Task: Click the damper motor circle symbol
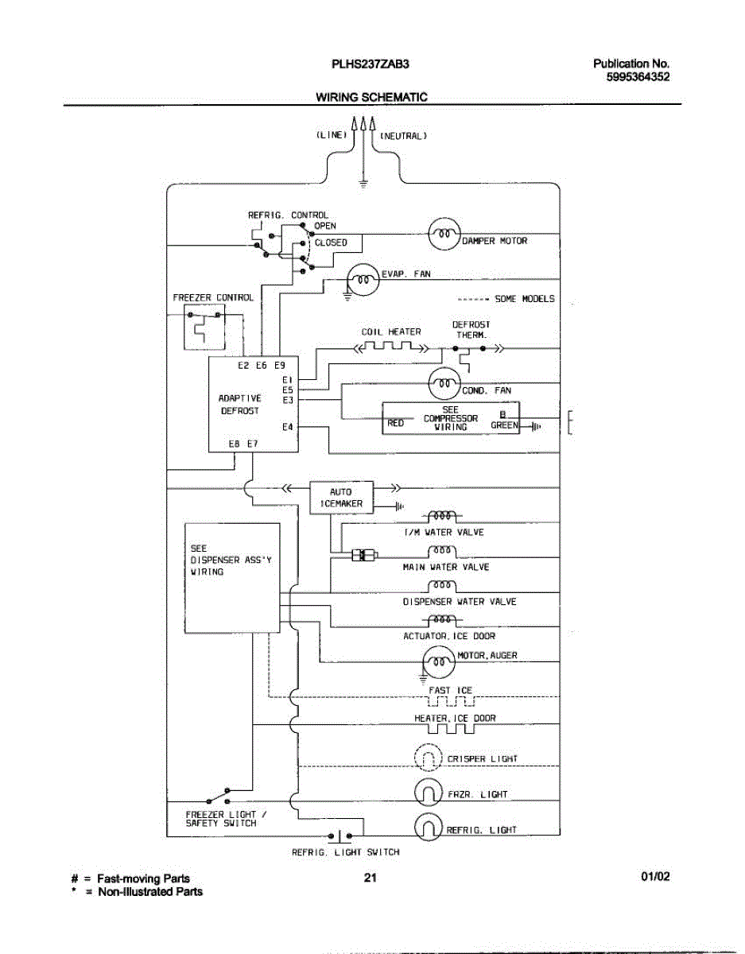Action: pyautogui.click(x=444, y=234)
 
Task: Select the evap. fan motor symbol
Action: pyautogui.click(x=363, y=280)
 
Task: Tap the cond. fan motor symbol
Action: pyautogui.click(x=444, y=384)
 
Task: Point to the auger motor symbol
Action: pyautogui.click(x=439, y=661)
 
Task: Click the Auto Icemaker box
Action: pyautogui.click(x=342, y=498)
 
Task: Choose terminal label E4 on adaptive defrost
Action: pyautogui.click(x=288, y=427)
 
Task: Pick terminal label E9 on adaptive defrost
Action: pyautogui.click(x=280, y=365)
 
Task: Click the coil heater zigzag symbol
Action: pyautogui.click(x=390, y=347)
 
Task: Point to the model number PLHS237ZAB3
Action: pyautogui.click(x=370, y=64)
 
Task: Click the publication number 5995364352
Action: pyautogui.click(x=638, y=77)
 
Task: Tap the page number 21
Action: pyautogui.click(x=370, y=877)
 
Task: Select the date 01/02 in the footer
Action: pyautogui.click(x=655, y=876)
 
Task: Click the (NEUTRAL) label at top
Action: pyautogui.click(x=403, y=136)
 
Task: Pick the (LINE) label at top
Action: pyautogui.click(x=332, y=135)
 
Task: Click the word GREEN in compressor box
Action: pyautogui.click(x=504, y=425)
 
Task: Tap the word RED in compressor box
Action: pyautogui.click(x=395, y=423)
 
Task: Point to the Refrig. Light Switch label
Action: pyautogui.click(x=346, y=852)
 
